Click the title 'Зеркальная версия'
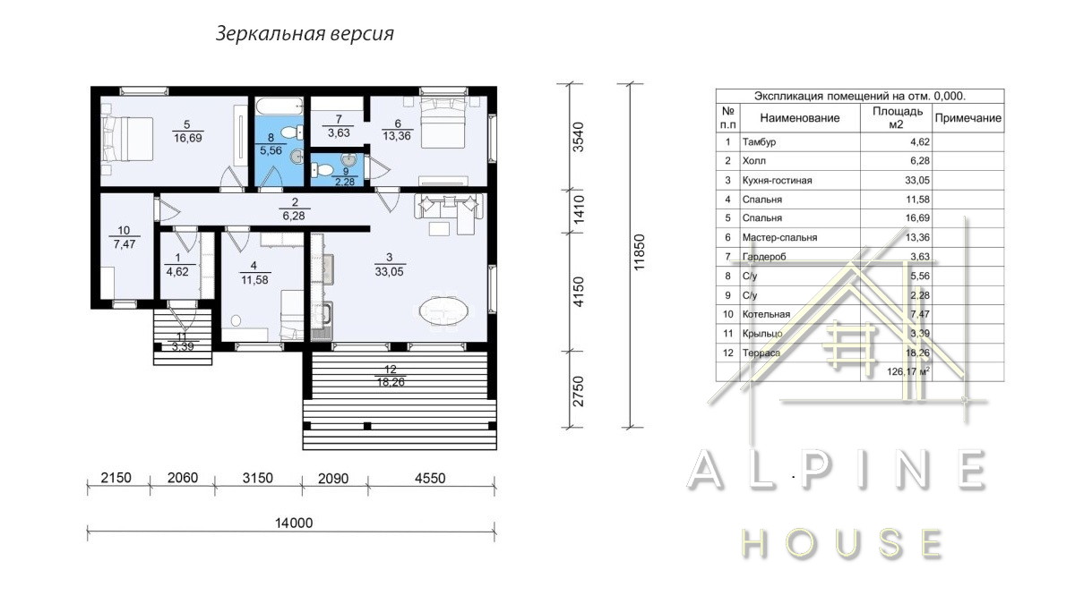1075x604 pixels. [305, 34]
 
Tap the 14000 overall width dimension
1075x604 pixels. [294, 523]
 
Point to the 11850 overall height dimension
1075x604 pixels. [639, 252]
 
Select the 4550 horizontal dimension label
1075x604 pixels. [430, 478]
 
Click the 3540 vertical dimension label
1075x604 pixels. [580, 137]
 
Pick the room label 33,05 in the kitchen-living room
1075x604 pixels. [389, 272]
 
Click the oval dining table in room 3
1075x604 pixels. [443, 311]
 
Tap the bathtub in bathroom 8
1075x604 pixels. [279, 106]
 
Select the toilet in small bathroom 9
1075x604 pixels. [322, 169]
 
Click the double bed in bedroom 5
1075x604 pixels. [127, 139]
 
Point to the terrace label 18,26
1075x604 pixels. [391, 383]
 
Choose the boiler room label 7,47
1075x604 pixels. [125, 244]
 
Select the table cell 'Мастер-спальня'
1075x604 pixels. [779, 237]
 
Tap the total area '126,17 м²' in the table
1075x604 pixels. [908, 371]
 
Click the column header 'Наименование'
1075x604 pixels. [799, 118]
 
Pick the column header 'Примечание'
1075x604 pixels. [968, 118]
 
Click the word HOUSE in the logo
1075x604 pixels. [841, 544]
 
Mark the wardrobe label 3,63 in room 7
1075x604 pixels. [339, 132]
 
